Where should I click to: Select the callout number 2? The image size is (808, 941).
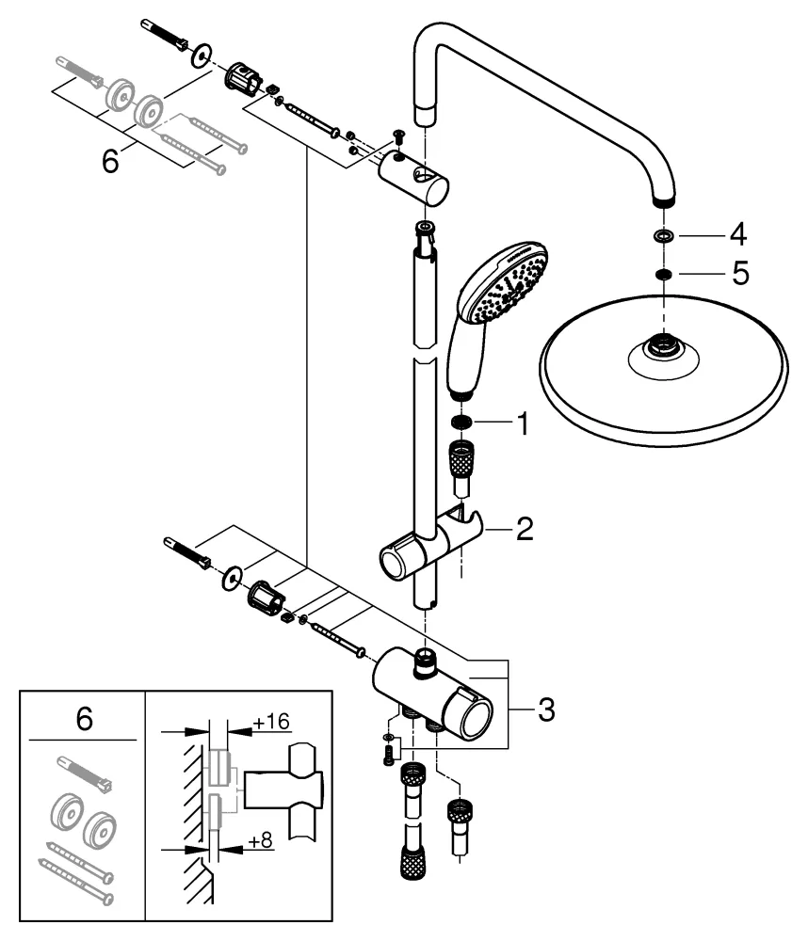pyautogui.click(x=523, y=529)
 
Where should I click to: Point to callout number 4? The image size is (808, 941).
pyautogui.click(x=738, y=232)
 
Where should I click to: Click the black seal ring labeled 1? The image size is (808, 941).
pyautogui.click(x=461, y=422)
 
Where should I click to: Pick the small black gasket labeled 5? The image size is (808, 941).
pyautogui.click(x=662, y=274)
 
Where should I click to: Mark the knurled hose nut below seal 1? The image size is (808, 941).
pyautogui.click(x=461, y=460)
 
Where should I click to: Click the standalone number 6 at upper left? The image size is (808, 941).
pyautogui.click(x=110, y=162)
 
